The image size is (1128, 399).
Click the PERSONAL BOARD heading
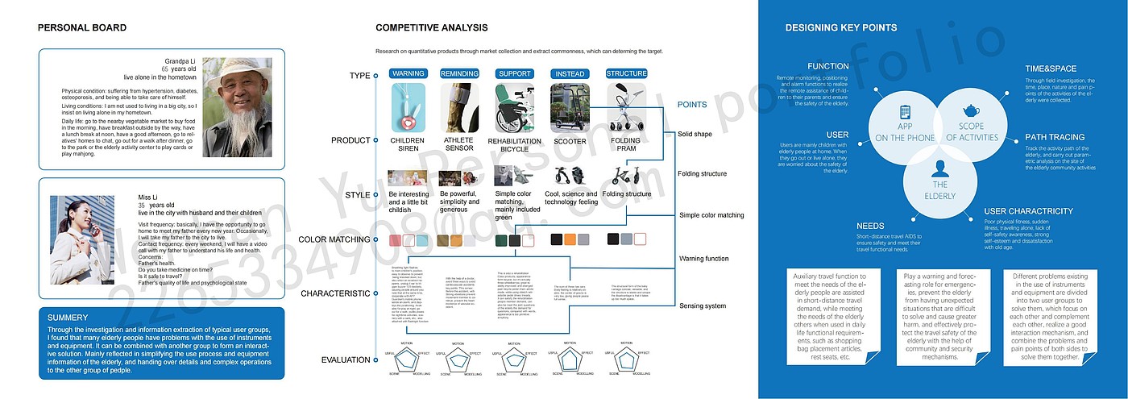pyautogui.click(x=82, y=28)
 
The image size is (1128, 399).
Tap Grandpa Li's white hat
pyautogui.click(x=238, y=69)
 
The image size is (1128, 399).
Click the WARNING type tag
pyautogui.click(x=408, y=73)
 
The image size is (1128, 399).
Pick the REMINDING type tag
pyautogui.click(x=459, y=73)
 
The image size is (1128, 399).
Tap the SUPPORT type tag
pyautogui.click(x=515, y=73)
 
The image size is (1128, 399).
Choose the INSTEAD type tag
pyautogui.click(x=570, y=73)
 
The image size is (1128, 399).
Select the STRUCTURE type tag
pyautogui.click(x=626, y=73)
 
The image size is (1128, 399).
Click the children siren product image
pyautogui.click(x=408, y=108)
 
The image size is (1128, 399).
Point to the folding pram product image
pyautogui.click(x=626, y=108)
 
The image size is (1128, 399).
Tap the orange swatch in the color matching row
pyautogui.click(x=570, y=239)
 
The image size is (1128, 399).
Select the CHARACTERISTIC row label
pyautogui.click(x=335, y=293)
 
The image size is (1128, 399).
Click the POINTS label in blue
pyautogui.click(x=692, y=105)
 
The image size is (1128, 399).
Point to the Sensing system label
pyautogui.click(x=703, y=306)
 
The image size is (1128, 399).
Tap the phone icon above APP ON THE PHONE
pyautogui.click(x=905, y=112)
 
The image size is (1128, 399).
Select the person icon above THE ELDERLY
pyautogui.click(x=939, y=168)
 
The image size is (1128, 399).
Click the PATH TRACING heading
pyautogui.click(x=1055, y=137)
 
